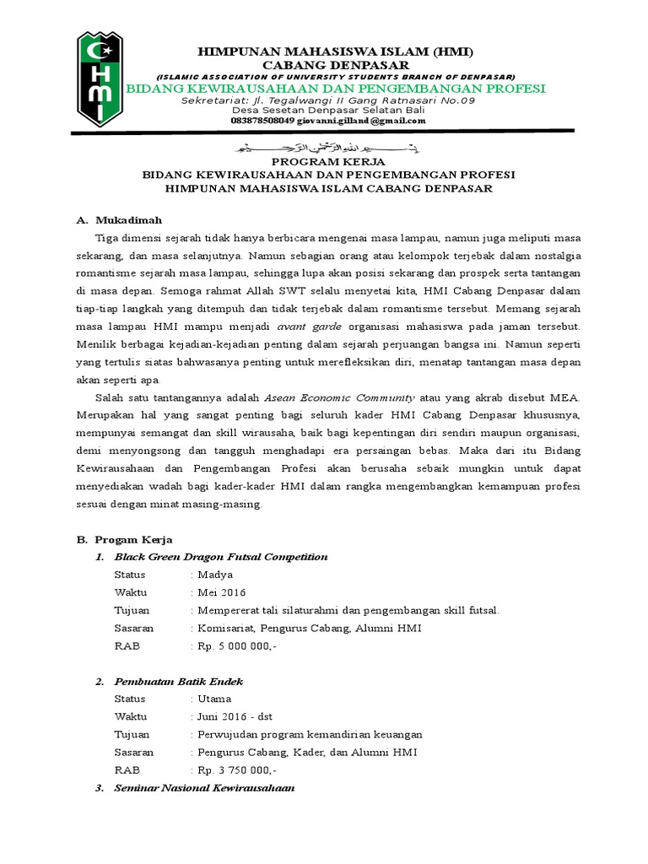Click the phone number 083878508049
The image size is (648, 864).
[x=262, y=121]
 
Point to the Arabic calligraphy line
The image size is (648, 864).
[x=324, y=148]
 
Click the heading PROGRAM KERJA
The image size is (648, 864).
[x=324, y=161]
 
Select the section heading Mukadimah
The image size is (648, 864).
[x=127, y=219]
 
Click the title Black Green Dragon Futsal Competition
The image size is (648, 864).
[x=221, y=557]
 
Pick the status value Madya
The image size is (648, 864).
[x=215, y=575]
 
